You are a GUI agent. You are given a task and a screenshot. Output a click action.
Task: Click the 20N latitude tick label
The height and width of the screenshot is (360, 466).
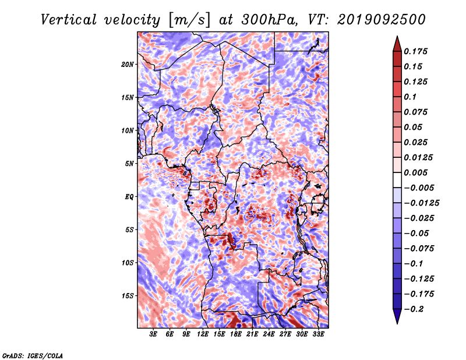[127, 65]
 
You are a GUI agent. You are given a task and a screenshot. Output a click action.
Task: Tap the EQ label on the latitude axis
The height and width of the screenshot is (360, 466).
[129, 197]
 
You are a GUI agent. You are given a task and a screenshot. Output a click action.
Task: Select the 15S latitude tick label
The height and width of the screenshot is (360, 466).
[127, 296]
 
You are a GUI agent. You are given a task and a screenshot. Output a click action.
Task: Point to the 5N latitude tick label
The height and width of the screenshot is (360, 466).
[129, 164]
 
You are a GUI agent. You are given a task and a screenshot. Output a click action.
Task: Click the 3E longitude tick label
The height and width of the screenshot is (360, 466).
[153, 334]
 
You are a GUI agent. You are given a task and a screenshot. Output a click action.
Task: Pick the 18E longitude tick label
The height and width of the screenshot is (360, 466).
[236, 334]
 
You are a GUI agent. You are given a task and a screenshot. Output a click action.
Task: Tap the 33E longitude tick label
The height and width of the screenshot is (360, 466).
[318, 334]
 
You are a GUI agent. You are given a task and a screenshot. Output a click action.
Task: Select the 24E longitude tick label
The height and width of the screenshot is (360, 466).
[269, 334]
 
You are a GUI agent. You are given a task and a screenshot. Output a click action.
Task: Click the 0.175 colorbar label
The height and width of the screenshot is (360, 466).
[415, 51]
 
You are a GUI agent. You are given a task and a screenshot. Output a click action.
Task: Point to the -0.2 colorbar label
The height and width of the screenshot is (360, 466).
[414, 309]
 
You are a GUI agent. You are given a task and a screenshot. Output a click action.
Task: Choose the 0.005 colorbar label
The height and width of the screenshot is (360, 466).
[415, 172]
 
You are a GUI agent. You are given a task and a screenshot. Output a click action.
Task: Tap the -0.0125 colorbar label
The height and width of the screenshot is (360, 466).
[421, 203]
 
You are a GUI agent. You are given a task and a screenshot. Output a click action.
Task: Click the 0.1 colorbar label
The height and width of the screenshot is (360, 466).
[410, 97]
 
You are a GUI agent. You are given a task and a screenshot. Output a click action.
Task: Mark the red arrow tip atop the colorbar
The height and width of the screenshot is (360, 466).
[397, 36]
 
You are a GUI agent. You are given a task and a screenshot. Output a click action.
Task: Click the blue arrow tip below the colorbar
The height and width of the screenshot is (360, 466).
[397, 324]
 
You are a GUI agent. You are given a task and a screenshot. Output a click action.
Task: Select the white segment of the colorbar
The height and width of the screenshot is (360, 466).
[397, 180]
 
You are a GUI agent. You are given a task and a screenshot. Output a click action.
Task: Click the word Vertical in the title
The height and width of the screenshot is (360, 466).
[69, 20]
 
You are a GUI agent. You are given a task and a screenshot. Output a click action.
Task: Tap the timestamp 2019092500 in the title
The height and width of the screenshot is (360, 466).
[382, 20]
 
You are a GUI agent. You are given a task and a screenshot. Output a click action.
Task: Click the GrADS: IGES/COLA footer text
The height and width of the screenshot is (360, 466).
[33, 356]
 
